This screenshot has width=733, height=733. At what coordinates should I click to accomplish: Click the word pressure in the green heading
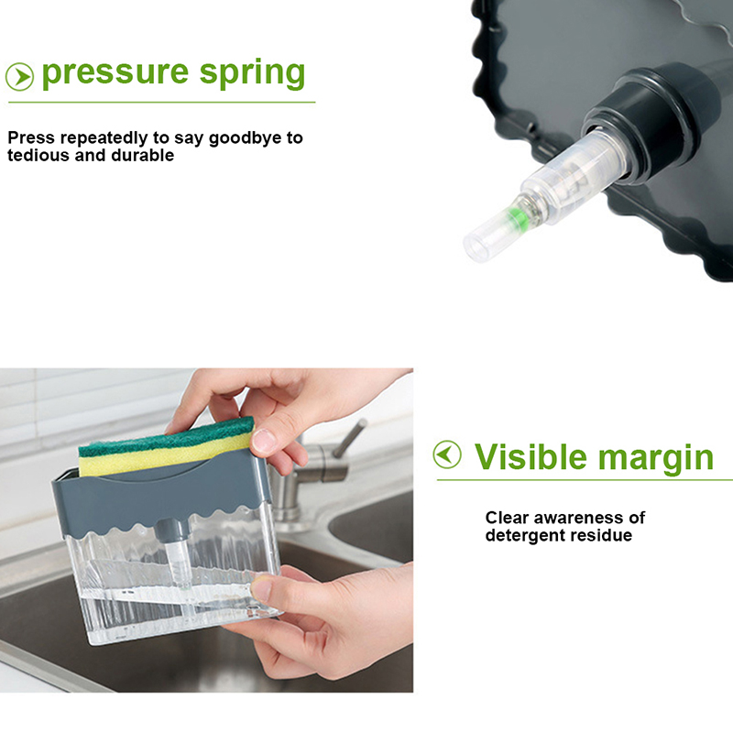point(115,74)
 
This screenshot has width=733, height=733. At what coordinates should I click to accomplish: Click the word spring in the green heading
point(253,74)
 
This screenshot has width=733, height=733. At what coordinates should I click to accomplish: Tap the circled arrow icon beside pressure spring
point(19,77)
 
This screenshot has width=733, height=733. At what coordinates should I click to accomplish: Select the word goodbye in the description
point(246,139)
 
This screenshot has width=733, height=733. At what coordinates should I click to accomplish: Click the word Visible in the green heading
point(531,456)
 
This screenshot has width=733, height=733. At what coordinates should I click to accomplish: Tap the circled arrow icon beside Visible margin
point(447,454)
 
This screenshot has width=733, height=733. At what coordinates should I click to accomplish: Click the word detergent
point(525,535)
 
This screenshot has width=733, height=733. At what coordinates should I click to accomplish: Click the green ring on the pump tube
point(517,218)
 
